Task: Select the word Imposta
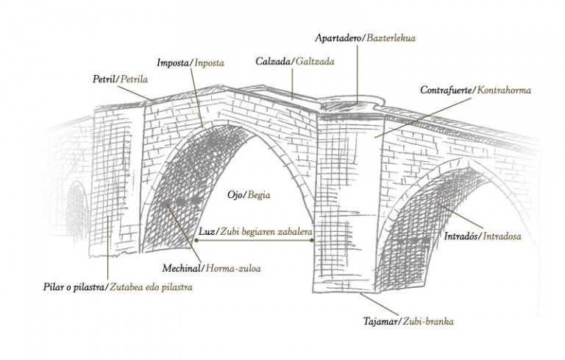click(x=174, y=63)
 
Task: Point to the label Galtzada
click(x=314, y=62)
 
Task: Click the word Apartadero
click(x=334, y=37)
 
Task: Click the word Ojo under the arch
click(x=235, y=194)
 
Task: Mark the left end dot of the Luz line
click(x=196, y=239)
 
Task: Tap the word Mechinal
click(x=182, y=268)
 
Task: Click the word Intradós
click(x=462, y=236)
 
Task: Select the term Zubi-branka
click(x=430, y=322)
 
